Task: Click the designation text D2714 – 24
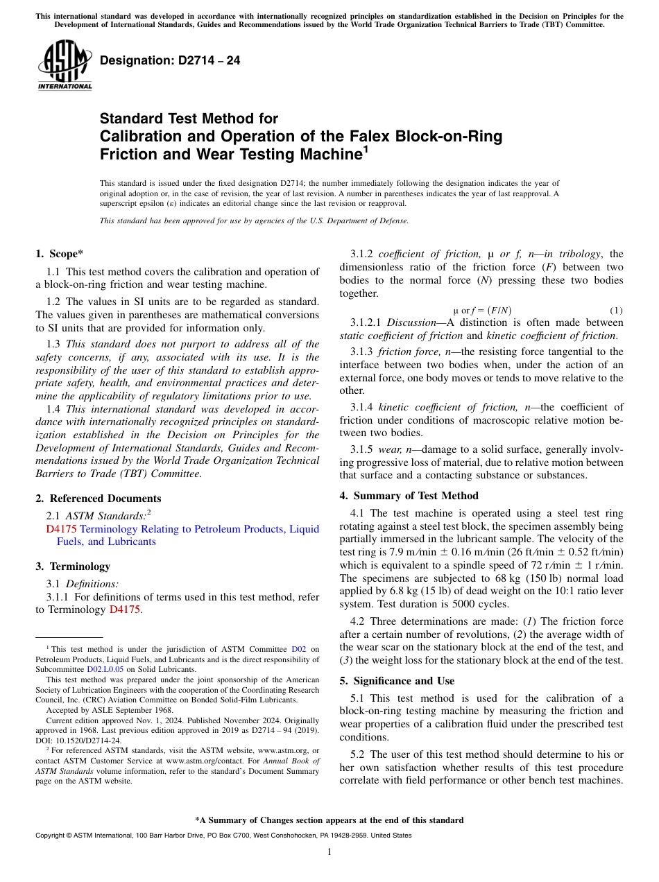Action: click(170, 60)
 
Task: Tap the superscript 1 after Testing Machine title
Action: click(366, 148)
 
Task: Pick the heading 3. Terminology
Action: click(73, 567)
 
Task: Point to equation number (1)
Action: click(615, 310)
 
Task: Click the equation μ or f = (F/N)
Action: click(482, 310)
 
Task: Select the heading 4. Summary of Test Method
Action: click(409, 496)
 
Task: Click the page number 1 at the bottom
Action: click(329, 852)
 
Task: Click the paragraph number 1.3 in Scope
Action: click(53, 344)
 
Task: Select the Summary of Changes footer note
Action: click(329, 820)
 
